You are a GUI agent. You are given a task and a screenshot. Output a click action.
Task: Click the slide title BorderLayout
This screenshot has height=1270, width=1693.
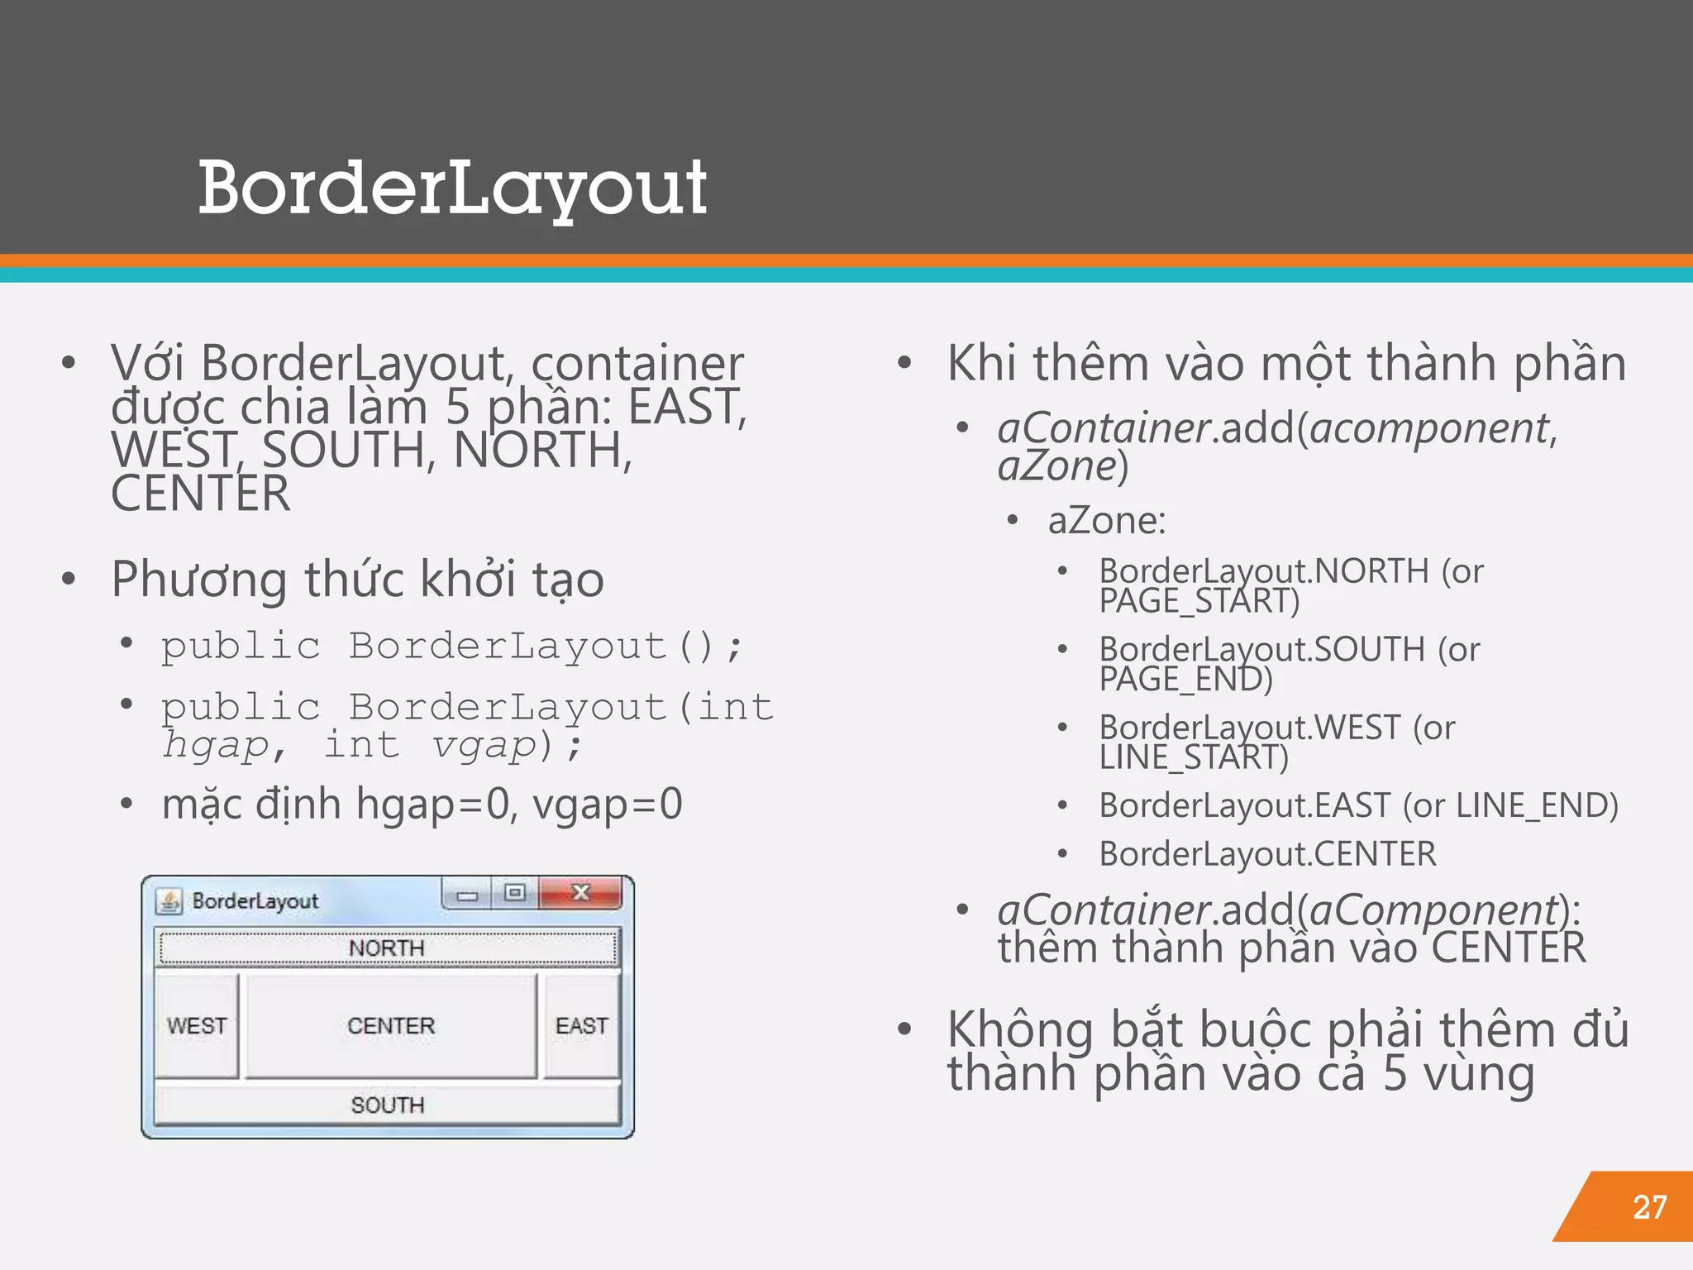(x=452, y=189)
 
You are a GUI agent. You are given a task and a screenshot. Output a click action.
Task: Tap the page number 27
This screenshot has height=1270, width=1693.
(x=1649, y=1207)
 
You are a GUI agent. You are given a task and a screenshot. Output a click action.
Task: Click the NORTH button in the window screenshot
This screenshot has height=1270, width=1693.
(x=387, y=948)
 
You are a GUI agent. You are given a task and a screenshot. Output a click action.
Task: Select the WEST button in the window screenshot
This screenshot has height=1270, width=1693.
(x=197, y=1025)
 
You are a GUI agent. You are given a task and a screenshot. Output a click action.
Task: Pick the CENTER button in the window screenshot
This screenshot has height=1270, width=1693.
(x=391, y=1025)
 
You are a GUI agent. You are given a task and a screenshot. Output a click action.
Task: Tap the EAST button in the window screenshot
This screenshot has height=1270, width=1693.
(x=582, y=1025)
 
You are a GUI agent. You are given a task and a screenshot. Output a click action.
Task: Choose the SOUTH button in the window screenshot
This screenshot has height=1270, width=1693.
(x=387, y=1105)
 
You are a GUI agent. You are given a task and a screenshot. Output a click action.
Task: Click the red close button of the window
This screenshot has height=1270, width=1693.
(x=580, y=893)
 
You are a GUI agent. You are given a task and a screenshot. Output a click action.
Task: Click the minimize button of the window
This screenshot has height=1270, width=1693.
(x=467, y=895)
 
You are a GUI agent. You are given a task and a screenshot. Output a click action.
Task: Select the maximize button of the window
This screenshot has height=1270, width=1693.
(x=515, y=893)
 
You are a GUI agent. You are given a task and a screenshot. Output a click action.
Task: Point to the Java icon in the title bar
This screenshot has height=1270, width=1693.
(x=169, y=901)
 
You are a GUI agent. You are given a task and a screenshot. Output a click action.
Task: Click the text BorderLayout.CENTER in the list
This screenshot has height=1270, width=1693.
(x=1267, y=854)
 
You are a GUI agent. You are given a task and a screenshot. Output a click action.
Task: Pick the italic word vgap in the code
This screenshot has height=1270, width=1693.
(x=484, y=744)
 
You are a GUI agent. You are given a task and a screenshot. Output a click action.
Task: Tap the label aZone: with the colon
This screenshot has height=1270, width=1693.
(x=1107, y=521)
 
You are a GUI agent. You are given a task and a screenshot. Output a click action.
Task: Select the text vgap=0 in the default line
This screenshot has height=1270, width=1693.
(x=608, y=804)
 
